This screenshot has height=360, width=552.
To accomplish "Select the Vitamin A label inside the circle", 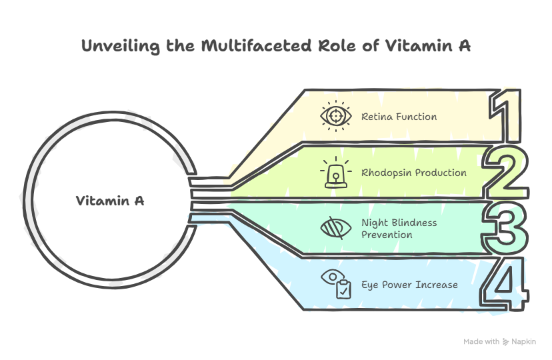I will coord(110,201).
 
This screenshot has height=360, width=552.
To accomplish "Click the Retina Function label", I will coord(399,117).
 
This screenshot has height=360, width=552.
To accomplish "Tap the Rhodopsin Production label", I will coord(413,173).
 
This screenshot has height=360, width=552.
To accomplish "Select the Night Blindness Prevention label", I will coord(399,229).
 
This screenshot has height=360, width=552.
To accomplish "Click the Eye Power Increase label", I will coord(409,285).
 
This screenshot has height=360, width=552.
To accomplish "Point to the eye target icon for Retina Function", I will coord(337,116).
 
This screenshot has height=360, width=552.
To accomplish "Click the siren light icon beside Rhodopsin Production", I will coord(337,172).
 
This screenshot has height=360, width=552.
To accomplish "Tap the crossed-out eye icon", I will coord(337,228).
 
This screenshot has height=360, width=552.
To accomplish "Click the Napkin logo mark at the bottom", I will coord(506,342).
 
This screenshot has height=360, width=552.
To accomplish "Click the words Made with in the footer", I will coord(481,342).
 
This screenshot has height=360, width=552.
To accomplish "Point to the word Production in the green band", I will coord(441,173).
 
